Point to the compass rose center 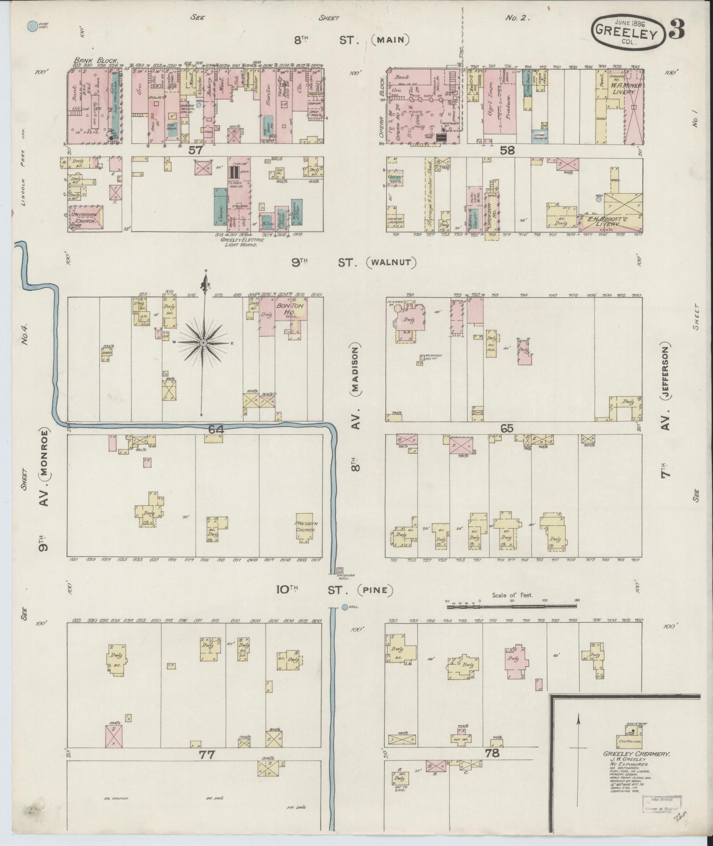pyautogui.click(x=203, y=343)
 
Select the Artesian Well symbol pyautogui.click(x=339, y=570)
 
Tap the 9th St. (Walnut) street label pyautogui.click(x=354, y=263)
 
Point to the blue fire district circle pyautogui.click(x=32, y=27)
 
